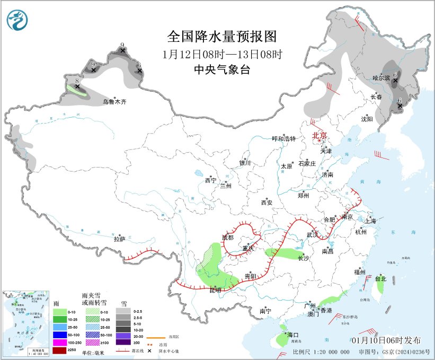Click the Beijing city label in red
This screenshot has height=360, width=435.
click(319, 135)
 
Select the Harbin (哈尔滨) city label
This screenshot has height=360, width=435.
click(381, 78)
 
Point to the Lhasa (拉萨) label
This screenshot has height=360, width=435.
click(119, 239)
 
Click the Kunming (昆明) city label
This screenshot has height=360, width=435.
click(215, 290)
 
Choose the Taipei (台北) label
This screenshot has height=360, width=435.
click(380, 279)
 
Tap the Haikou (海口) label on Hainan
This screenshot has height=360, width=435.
click(294, 335)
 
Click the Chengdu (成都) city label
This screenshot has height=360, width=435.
click(228, 238)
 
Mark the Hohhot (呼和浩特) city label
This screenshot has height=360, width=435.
click(283, 138)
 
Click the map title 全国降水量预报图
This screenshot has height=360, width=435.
click(222, 36)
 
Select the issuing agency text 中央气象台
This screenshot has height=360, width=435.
click(222, 69)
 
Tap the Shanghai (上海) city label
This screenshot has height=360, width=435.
click(369, 221)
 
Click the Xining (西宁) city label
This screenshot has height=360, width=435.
click(210, 180)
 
